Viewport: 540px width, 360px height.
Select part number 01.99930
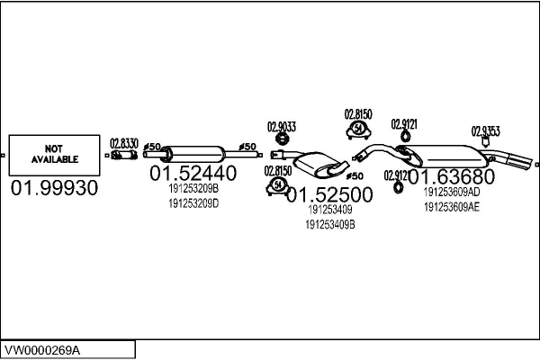click(x=54, y=188)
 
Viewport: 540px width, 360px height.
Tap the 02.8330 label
click(x=123, y=143)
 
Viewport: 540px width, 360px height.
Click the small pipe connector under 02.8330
click(x=122, y=156)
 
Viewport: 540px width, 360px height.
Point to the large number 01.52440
click(x=193, y=173)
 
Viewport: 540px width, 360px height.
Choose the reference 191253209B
click(x=193, y=189)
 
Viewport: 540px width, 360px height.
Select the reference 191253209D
click(x=193, y=202)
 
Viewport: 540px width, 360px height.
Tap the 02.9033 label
click(x=282, y=127)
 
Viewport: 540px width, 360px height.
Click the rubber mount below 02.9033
click(x=283, y=139)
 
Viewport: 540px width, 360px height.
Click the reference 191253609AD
click(x=451, y=192)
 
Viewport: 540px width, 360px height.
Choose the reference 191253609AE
click(x=451, y=206)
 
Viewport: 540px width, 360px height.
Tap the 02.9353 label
click(x=487, y=130)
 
